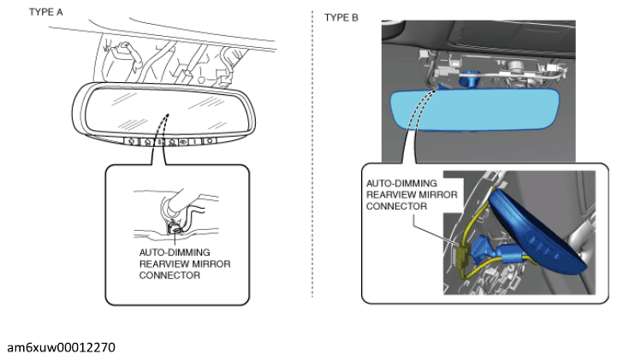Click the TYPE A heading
point(48,15)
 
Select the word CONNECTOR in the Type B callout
point(396,206)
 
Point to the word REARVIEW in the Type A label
point(165,264)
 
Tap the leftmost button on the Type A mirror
point(130,141)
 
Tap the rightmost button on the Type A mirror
point(210,141)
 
